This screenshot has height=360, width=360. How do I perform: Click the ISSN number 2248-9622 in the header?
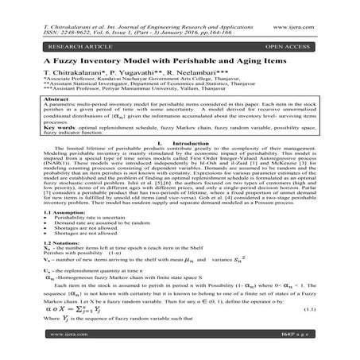click(68, 14)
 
